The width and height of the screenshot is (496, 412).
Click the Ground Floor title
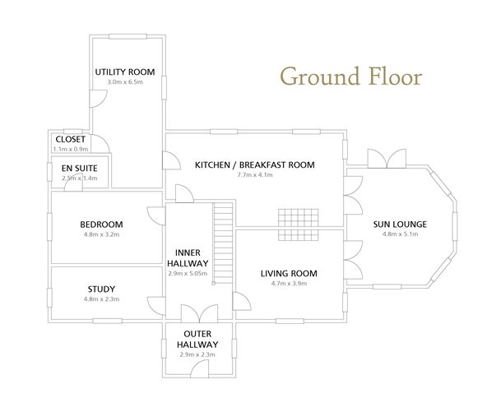pos(351,76)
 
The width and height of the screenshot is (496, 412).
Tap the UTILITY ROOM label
pos(125,72)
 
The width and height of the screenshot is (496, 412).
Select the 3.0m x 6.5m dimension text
pos(125,83)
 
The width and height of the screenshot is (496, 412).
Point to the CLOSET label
pos(70,139)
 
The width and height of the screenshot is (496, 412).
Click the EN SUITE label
pos(79,168)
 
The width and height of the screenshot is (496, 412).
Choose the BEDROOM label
pos(101,225)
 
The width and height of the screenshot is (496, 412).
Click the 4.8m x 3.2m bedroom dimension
pos(101,235)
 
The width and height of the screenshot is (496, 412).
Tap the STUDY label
pos(101,289)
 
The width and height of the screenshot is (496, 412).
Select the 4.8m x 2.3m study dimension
pos(101,299)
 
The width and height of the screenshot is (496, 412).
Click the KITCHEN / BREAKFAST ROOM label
pos(254,164)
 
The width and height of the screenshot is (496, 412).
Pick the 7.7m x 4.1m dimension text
pos(254,175)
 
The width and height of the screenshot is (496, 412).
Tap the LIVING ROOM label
pos(289,273)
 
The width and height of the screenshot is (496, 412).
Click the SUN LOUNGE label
pos(400,225)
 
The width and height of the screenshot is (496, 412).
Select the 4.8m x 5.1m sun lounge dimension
pos(400,235)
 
